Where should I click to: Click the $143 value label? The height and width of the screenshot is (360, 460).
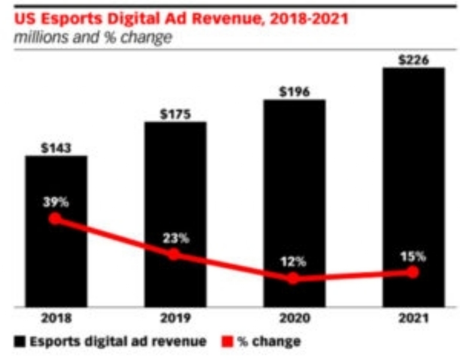pos(56,147)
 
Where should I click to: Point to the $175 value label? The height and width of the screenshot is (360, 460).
pos(175,114)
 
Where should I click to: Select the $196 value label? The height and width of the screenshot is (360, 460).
pos(294,92)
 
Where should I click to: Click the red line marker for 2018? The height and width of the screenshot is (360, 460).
pos(55,219)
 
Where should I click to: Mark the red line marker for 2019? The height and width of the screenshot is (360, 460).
pos(174,254)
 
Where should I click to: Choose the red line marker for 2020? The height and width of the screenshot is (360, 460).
pos(293,278)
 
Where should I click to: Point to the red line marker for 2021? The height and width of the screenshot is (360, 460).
pos(413,272)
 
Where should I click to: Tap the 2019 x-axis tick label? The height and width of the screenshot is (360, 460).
pos(175,319)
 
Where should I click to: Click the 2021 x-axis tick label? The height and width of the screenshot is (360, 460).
pos(413,319)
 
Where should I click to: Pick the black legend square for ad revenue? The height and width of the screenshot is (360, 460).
pos(19,341)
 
